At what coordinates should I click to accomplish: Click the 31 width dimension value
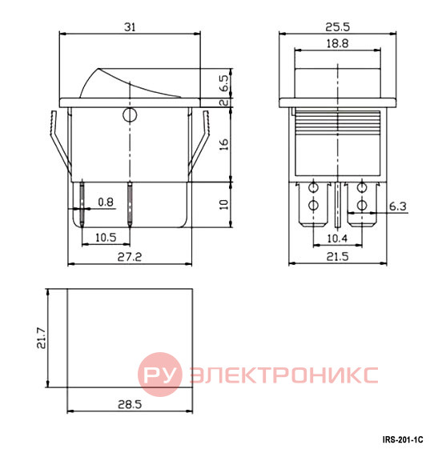pyautogui.click(x=130, y=27)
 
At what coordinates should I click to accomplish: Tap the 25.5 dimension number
pyautogui.click(x=337, y=27)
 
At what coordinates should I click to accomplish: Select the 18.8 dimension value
pyautogui.click(x=337, y=44)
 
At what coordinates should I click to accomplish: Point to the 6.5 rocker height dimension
pyautogui.click(x=224, y=83)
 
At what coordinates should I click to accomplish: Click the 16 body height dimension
pyautogui.click(x=224, y=144)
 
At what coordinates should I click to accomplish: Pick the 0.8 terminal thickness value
pyautogui.click(x=106, y=202)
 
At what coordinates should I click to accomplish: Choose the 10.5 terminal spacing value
pyautogui.click(x=106, y=238)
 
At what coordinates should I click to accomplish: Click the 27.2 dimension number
pyautogui.click(x=130, y=257)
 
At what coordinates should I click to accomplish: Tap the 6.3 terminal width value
pyautogui.click(x=398, y=206)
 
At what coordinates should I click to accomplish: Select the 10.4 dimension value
pyautogui.click(x=337, y=239)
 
